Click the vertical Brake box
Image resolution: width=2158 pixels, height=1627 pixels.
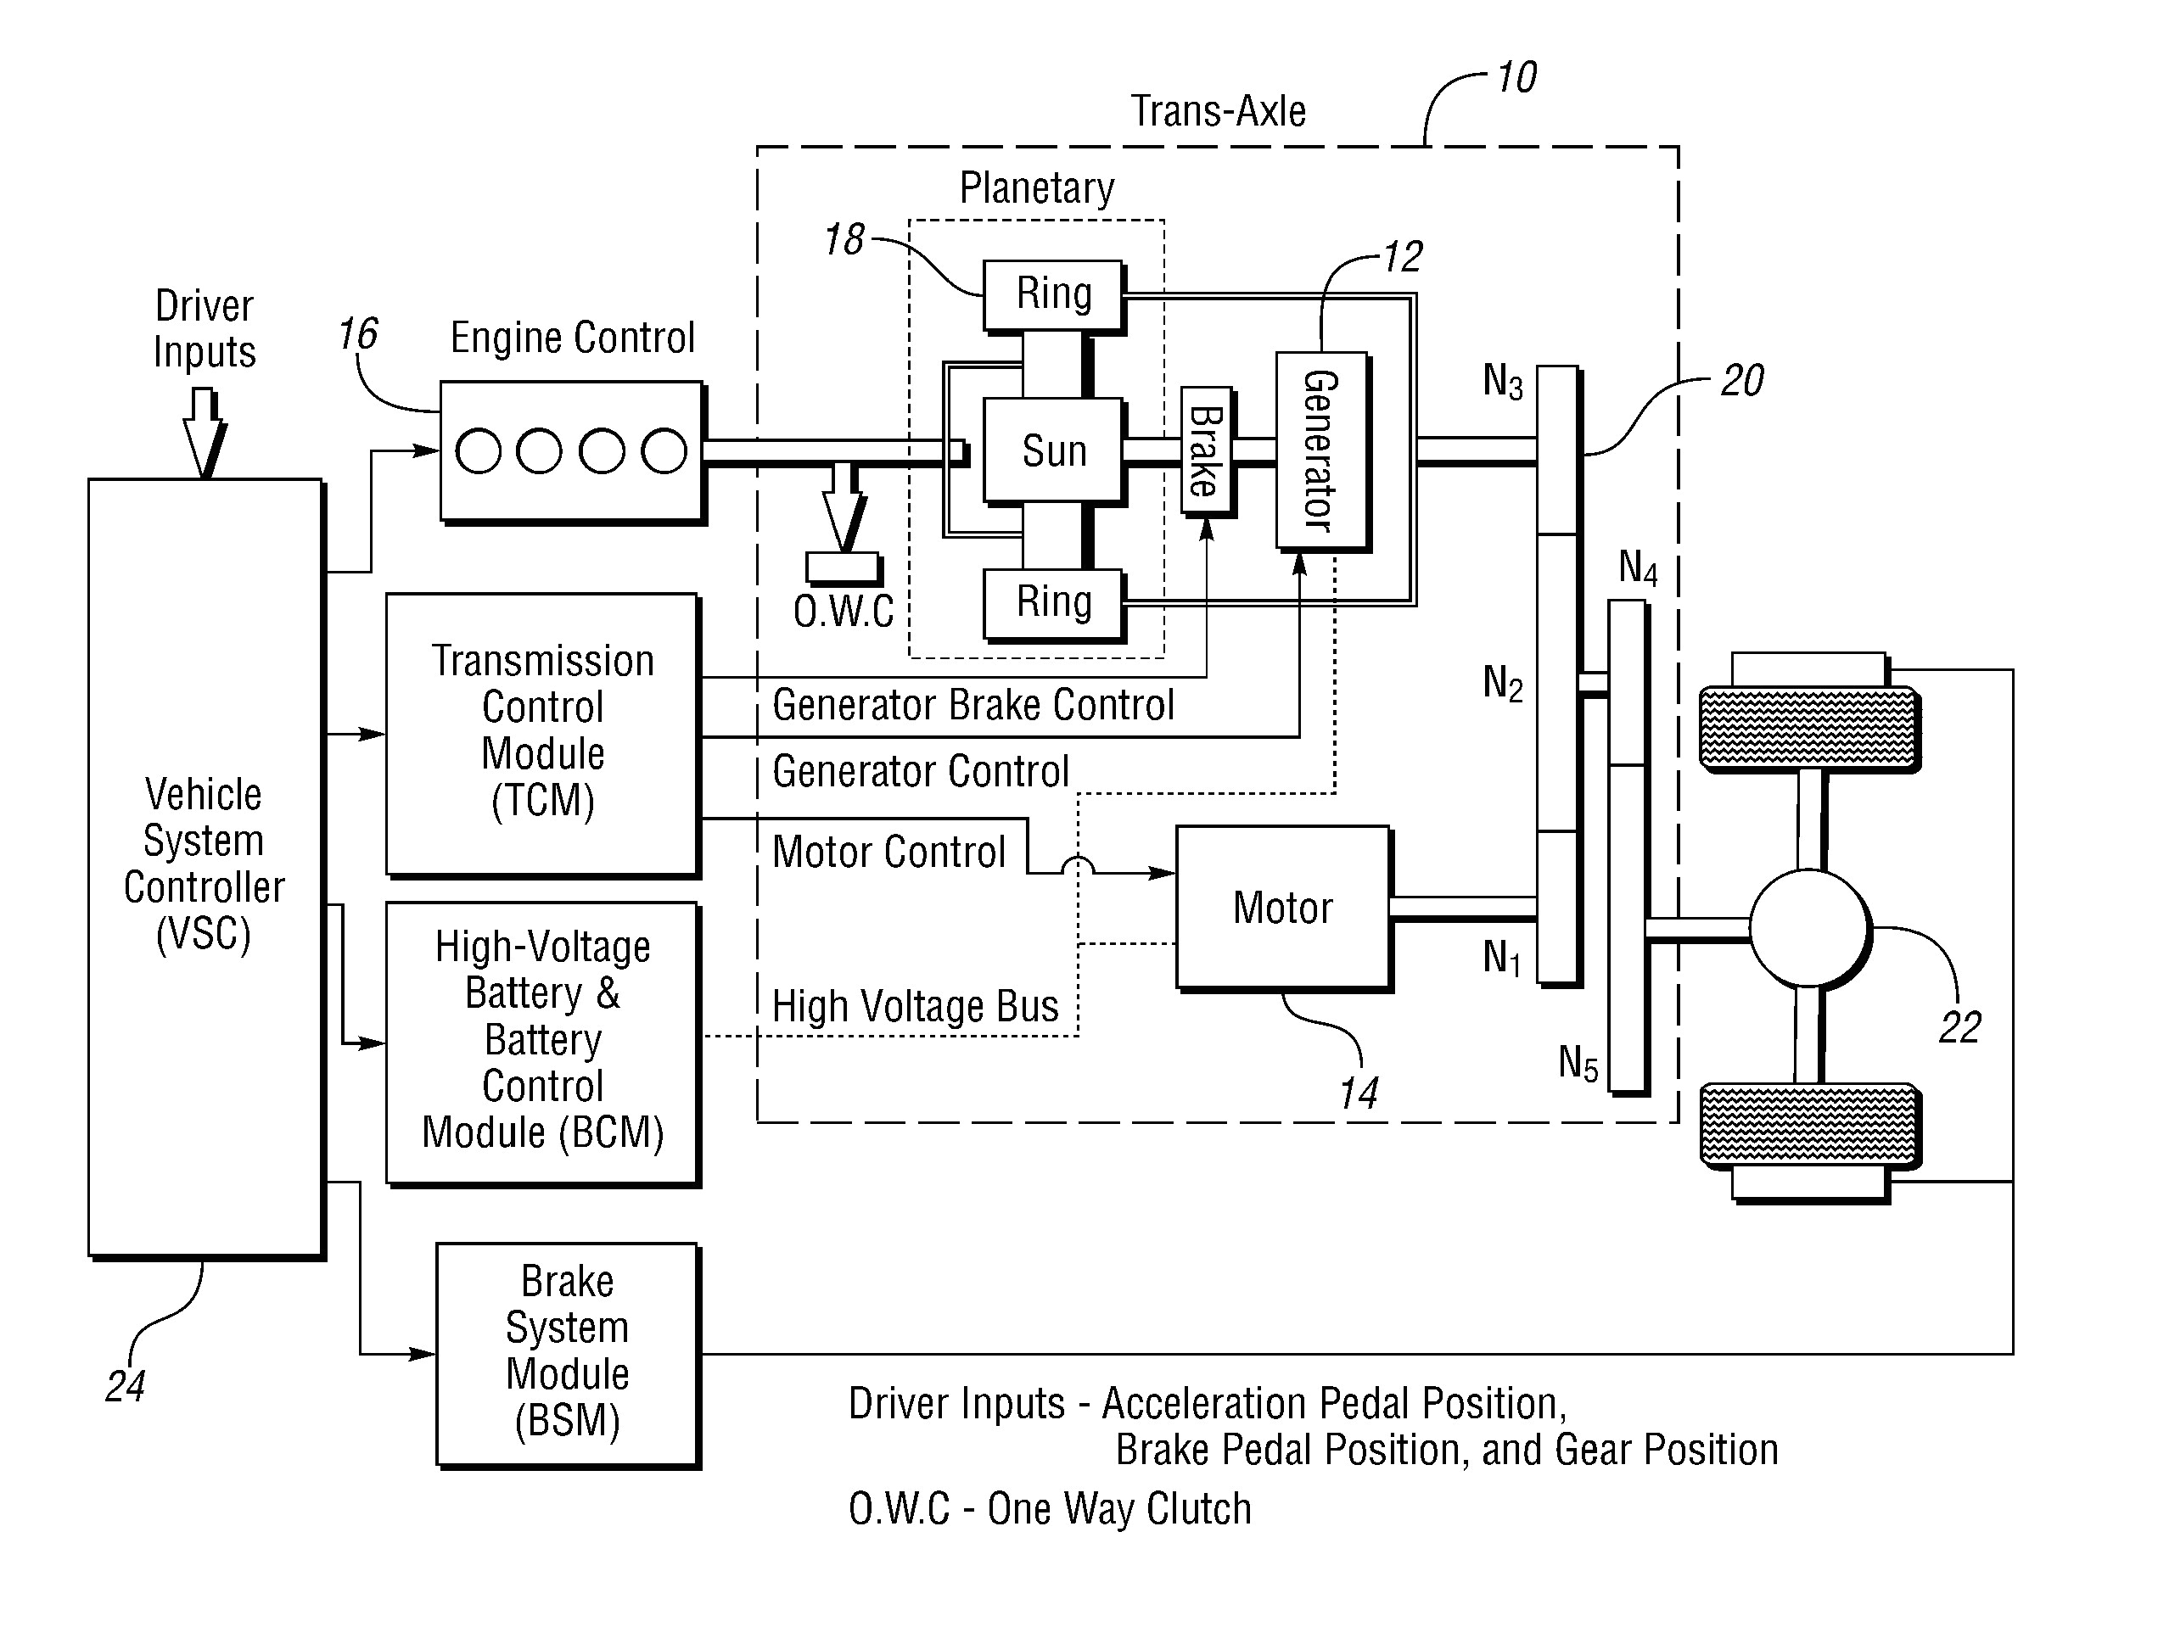click(1205, 450)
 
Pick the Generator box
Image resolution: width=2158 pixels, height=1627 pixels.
click(1321, 450)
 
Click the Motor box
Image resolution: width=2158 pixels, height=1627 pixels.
click(1282, 907)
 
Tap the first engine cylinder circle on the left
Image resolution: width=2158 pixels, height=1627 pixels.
click(478, 451)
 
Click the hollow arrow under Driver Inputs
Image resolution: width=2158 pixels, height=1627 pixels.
click(204, 430)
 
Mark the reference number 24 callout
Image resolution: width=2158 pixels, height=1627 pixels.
click(125, 1386)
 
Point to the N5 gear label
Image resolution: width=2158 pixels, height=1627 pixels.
click(1577, 1062)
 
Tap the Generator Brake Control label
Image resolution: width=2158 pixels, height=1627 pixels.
click(973, 705)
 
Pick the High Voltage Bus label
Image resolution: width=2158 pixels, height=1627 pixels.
click(914, 1007)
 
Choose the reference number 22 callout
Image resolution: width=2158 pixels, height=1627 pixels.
click(1959, 1028)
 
